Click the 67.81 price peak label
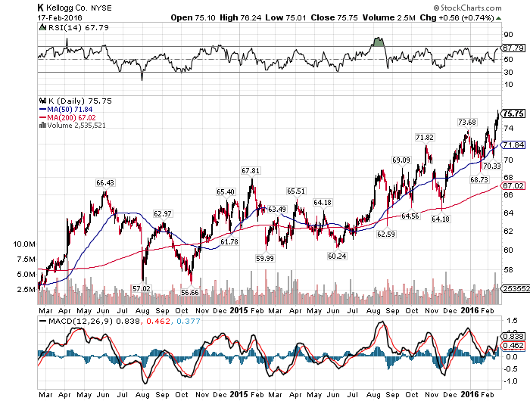click(251, 170)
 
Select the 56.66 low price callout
click(190, 292)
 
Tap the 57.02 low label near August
click(142, 288)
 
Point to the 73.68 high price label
click(467, 122)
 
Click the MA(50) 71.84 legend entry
click(66, 110)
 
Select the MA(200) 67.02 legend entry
click(67, 117)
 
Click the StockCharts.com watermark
click(468, 8)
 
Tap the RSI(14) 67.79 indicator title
click(74, 27)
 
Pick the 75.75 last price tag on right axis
click(513, 113)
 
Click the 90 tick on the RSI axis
click(508, 35)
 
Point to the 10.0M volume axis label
click(24, 244)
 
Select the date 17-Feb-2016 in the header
click(60, 17)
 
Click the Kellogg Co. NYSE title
click(75, 8)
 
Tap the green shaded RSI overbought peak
click(379, 42)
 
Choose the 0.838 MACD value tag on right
click(513, 336)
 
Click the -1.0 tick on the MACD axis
click(510, 381)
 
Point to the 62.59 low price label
click(385, 234)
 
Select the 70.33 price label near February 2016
click(492, 166)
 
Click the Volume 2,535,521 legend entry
click(73, 126)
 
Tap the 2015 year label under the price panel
click(239, 310)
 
